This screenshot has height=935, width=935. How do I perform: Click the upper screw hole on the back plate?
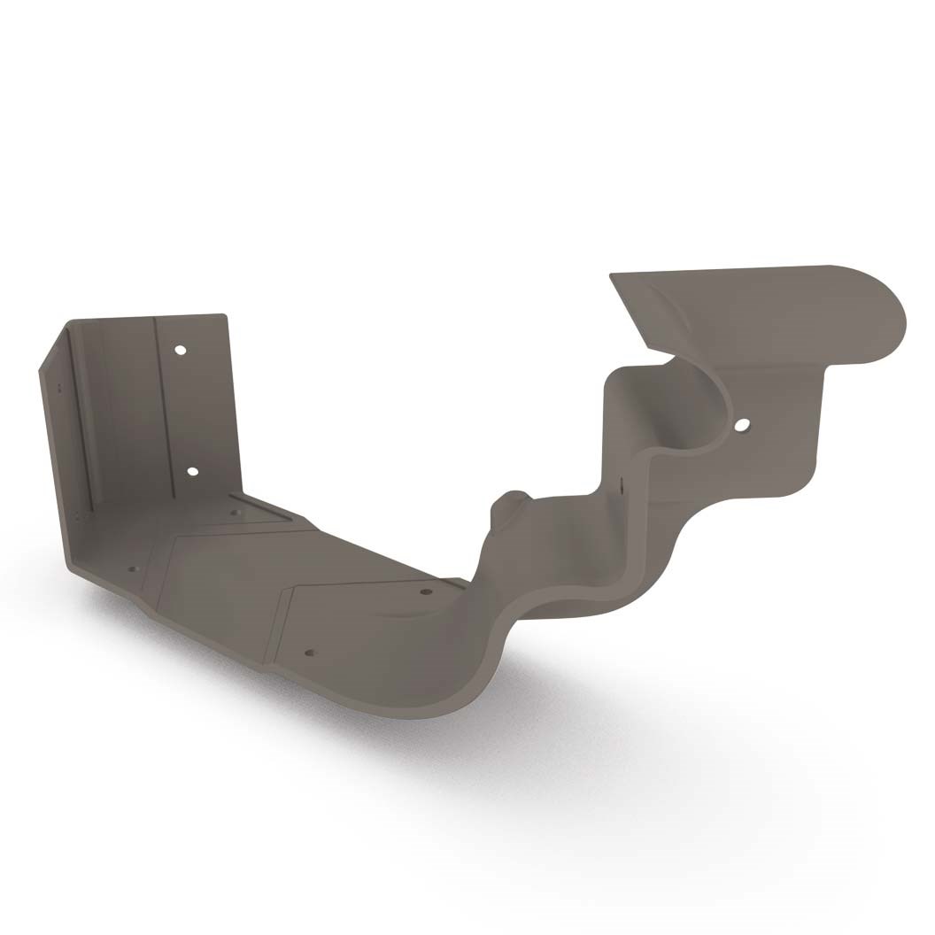pos(181,350)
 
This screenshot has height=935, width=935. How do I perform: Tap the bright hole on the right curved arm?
pos(739,426)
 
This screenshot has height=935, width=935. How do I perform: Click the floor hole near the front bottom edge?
pos(309,653)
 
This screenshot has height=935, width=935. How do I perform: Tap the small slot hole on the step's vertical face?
pos(622,484)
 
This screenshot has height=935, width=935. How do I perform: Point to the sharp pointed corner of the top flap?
pos(611,275)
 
